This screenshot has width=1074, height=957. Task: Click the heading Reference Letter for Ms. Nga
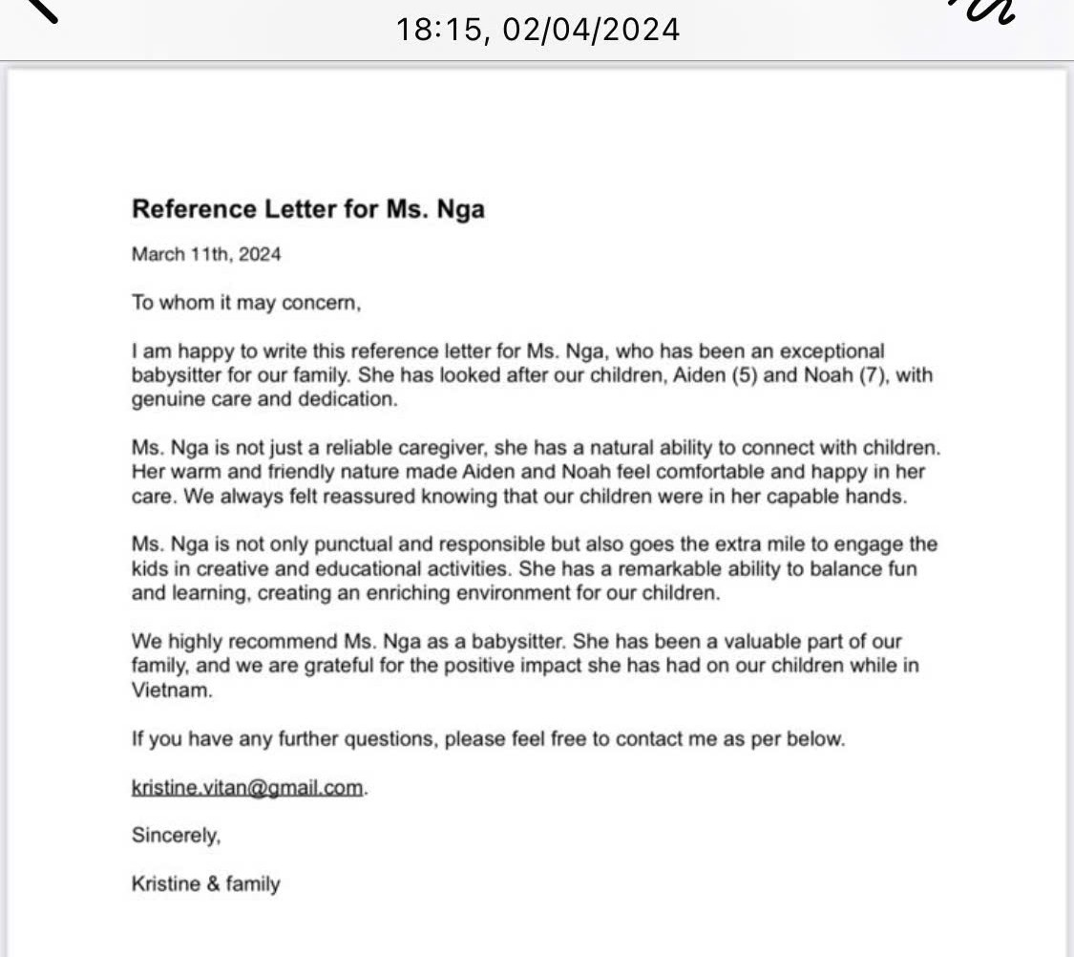(x=307, y=209)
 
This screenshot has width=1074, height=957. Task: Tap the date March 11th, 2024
(x=206, y=255)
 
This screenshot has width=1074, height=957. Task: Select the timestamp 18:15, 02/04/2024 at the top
(x=537, y=30)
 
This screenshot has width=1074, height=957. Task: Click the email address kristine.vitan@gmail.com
(x=247, y=788)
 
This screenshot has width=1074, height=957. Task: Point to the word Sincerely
(x=176, y=836)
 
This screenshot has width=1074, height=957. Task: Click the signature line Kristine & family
(x=206, y=883)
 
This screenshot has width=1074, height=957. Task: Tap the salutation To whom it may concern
(x=246, y=304)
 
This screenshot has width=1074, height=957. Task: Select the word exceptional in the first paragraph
(x=832, y=351)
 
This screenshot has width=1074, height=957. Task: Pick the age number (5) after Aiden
(x=739, y=375)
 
